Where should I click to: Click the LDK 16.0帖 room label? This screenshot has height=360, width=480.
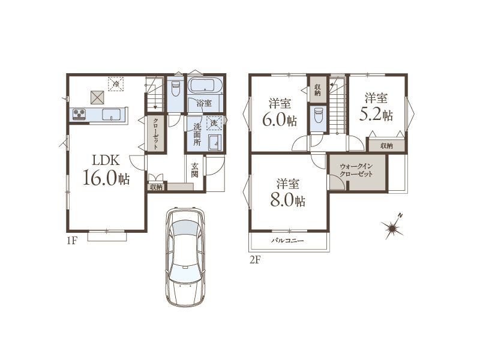click(x=106, y=170)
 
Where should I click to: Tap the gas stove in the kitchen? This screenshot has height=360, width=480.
click(x=79, y=114)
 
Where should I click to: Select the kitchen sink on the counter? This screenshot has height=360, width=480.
click(x=112, y=115)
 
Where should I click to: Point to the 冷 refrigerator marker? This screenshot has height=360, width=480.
click(x=116, y=83)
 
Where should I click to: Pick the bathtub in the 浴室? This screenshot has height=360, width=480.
click(x=205, y=85)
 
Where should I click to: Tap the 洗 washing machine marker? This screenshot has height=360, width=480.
click(x=214, y=123)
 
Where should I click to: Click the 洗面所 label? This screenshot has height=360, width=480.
click(x=197, y=134)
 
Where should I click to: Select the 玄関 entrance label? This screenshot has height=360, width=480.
click(x=194, y=170)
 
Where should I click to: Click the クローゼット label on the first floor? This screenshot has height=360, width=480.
click(x=155, y=133)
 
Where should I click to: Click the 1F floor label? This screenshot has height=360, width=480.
click(x=71, y=241)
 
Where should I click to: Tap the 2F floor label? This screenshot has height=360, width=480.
click(x=254, y=260)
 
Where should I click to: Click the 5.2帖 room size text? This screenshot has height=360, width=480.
click(x=376, y=115)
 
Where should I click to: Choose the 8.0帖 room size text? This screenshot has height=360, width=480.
click(x=287, y=200)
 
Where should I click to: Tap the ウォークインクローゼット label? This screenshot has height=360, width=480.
click(x=356, y=170)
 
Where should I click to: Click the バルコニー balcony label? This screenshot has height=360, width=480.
click(x=287, y=241)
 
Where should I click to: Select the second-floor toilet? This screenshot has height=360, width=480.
click(x=318, y=115)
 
